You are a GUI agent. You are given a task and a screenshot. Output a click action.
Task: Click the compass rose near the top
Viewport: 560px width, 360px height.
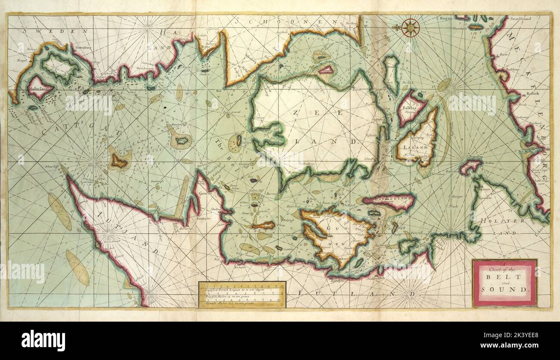[410, 28]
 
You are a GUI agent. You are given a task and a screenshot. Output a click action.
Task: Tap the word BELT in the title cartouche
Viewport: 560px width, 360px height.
[504, 277]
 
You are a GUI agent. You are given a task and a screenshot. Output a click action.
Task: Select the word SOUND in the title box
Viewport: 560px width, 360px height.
[504, 290]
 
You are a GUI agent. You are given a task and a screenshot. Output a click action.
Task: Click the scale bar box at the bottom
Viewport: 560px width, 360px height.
[242, 294]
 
